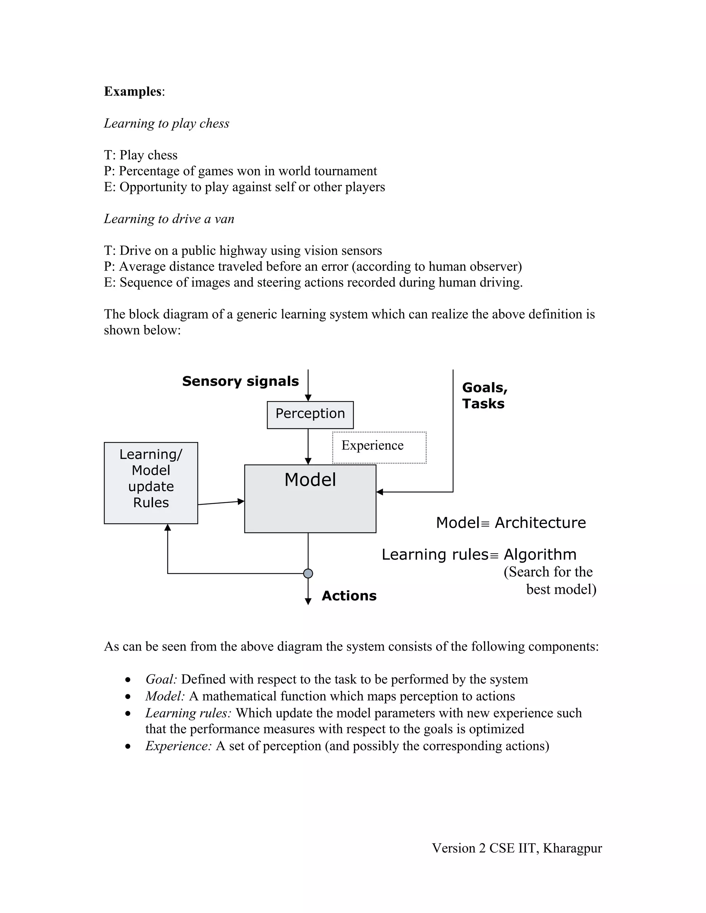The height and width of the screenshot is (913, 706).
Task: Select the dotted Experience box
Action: tap(379, 447)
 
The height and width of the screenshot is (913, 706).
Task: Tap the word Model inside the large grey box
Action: tap(310, 480)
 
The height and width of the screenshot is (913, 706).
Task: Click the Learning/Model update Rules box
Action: tap(151, 482)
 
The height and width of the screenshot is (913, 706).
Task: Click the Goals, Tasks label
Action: tap(484, 395)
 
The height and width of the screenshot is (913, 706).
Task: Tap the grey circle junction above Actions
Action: tap(308, 573)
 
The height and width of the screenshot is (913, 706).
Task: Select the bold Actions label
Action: tap(349, 595)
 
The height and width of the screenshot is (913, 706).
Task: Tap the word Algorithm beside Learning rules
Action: tap(539, 554)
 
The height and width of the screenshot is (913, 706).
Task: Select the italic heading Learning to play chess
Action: tap(167, 123)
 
